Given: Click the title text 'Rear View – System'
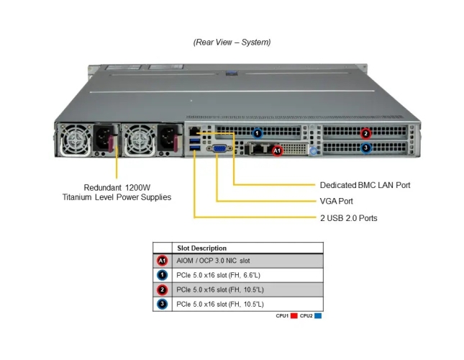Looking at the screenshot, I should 232,42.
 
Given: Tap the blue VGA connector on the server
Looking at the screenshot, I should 219,148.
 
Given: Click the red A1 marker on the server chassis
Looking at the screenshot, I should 278,150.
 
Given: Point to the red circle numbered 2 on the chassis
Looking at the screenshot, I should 365,132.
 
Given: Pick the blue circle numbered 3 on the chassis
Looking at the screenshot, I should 365,148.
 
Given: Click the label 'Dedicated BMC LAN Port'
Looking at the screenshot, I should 365,185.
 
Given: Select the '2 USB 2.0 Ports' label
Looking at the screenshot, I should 348,218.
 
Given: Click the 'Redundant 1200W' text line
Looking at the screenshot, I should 117,185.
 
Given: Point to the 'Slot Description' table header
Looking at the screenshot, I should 202,248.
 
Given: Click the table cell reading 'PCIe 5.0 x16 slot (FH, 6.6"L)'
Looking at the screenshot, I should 220,275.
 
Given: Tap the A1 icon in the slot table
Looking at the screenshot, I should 163,261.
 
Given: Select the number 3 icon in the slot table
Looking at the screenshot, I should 163,304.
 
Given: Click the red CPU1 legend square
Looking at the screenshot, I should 294,315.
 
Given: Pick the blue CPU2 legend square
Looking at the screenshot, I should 317,315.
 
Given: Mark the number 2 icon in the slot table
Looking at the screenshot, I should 163,289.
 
